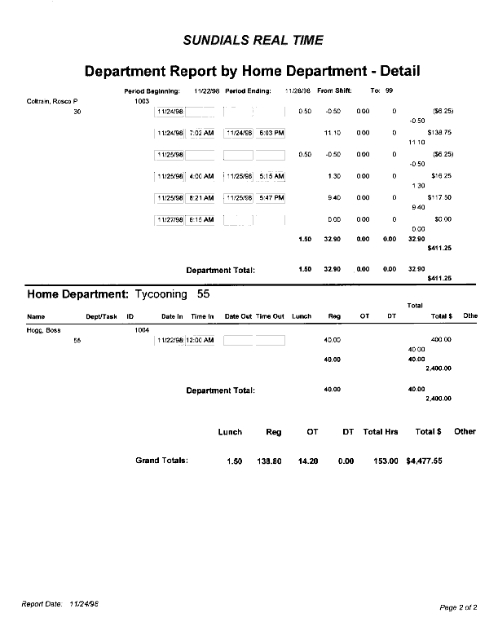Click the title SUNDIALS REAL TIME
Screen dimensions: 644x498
[253, 40]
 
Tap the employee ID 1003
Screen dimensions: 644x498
[142, 102]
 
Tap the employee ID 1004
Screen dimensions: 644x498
[142, 330]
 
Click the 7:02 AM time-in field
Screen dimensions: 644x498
[201, 132]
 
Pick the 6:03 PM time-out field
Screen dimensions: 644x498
[271, 132]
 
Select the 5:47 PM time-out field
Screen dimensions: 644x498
[271, 197]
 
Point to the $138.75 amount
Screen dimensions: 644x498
[439, 132]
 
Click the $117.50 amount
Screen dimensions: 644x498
[439, 197]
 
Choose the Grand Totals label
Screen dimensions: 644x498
[161, 461]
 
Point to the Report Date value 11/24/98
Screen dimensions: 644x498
[85, 604]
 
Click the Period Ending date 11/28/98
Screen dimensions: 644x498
[298, 90]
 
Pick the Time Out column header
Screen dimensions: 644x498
[270, 315]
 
